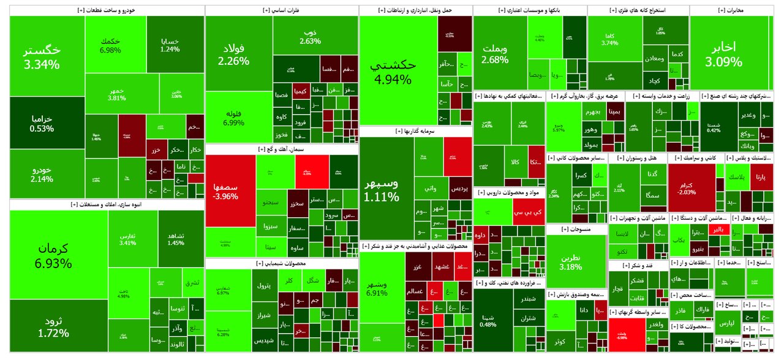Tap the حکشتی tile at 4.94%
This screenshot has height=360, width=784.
(x=398, y=71)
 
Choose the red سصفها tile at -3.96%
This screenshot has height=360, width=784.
(x=230, y=190)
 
